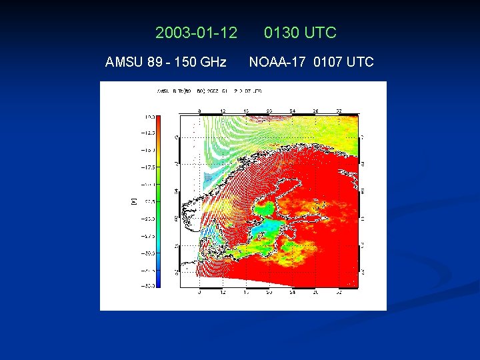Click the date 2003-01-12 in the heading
click(x=196, y=33)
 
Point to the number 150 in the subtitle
click(x=185, y=63)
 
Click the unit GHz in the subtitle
click(x=213, y=63)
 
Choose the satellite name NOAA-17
click(x=279, y=63)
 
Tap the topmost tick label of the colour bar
click(x=147, y=116)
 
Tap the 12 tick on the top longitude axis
click(x=223, y=110)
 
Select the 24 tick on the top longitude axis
click(x=292, y=110)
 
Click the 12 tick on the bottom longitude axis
click(x=223, y=292)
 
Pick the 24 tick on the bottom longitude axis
click(x=292, y=292)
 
